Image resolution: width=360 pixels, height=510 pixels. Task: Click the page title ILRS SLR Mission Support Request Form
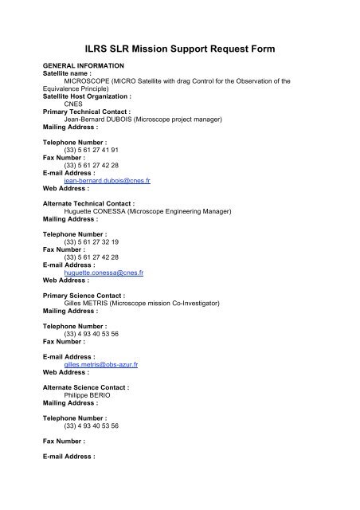point(179,49)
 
